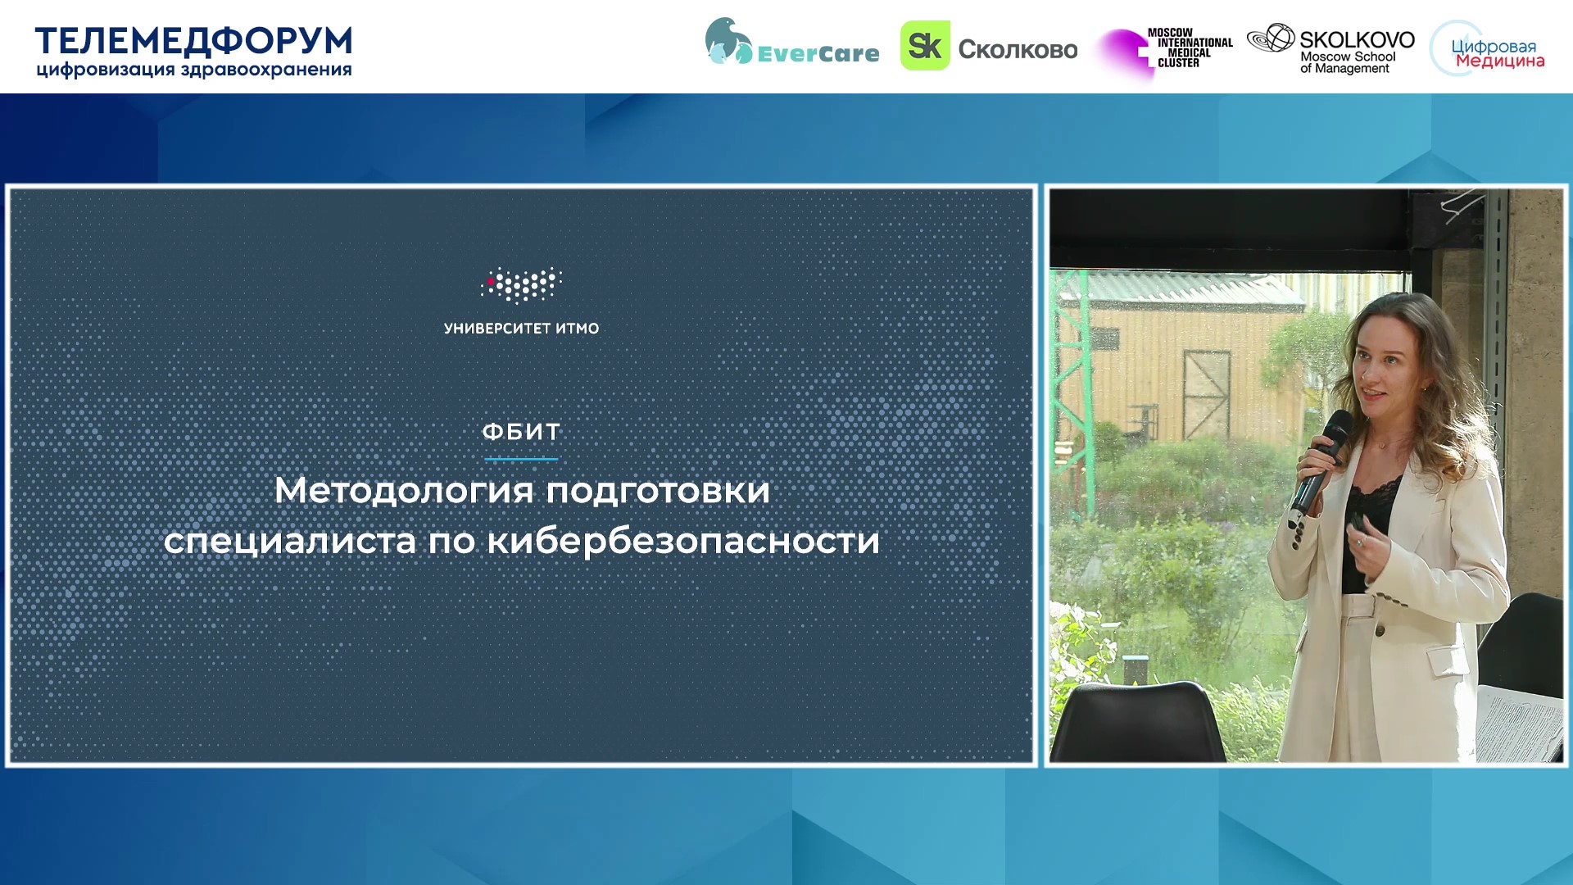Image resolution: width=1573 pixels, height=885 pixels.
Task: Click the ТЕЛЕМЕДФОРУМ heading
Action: [x=193, y=41]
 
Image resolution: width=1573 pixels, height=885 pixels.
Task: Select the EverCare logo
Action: [x=791, y=43]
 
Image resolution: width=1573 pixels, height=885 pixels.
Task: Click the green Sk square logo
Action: [x=925, y=46]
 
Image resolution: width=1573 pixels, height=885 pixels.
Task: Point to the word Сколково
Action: [x=1018, y=50]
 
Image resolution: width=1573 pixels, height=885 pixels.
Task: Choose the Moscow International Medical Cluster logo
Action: [x=1165, y=51]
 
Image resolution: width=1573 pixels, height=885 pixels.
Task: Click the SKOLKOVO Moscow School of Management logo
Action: [x=1330, y=49]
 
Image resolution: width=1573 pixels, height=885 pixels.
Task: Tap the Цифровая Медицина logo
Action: [x=1487, y=50]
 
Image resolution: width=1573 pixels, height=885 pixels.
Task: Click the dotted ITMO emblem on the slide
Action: [x=521, y=284]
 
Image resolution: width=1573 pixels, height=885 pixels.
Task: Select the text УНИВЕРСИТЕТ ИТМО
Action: [x=521, y=329]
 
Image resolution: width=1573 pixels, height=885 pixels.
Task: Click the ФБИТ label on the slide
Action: [x=521, y=432]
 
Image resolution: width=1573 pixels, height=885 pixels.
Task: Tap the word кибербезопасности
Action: [x=683, y=541]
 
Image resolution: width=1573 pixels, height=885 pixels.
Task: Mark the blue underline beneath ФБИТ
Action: [x=521, y=459]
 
